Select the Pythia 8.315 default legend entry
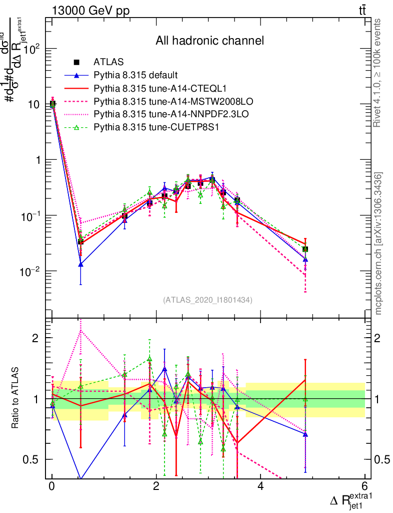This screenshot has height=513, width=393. point(136,76)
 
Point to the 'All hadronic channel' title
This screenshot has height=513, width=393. point(209,41)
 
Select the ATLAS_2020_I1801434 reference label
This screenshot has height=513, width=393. point(207,300)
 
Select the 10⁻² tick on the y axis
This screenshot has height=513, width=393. point(32,271)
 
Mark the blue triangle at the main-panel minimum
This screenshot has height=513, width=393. point(80,264)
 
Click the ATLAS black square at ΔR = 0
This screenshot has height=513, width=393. point(52,104)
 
